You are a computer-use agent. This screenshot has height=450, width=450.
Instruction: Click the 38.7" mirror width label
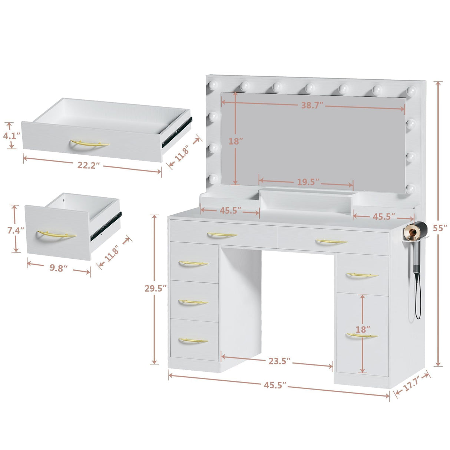point(312,105)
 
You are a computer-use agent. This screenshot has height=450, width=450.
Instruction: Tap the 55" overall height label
point(440,228)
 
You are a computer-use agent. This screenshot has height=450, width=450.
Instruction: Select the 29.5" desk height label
point(153,288)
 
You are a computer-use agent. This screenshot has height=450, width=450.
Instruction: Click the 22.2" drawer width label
point(89,165)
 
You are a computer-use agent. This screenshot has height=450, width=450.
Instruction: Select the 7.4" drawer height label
point(16,230)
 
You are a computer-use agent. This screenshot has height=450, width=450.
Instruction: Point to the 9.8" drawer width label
point(59,268)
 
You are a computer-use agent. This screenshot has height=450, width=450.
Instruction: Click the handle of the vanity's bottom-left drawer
point(193,340)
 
